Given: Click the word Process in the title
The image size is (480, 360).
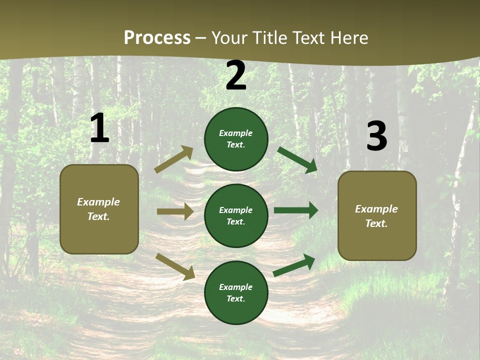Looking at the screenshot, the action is point(157,37).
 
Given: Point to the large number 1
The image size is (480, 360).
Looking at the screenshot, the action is point(100,128).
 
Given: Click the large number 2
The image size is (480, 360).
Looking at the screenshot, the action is point(236,75).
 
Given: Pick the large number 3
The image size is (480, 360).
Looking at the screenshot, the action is point(377,135).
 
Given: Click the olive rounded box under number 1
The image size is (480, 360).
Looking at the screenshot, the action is point(99,209).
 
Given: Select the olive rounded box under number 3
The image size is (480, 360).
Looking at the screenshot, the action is point(377,216).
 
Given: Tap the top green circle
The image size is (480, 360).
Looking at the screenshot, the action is point(236,139).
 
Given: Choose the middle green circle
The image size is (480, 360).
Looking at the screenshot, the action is point(236,216).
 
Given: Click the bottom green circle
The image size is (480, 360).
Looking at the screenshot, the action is point(236,292).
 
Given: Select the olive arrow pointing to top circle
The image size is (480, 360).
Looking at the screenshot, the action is point(173,159).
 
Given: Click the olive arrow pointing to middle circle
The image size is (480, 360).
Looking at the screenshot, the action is point(175,211).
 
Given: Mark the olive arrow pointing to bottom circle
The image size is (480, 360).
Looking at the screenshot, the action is point(175,267).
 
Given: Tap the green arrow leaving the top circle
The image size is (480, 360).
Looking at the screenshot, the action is point(297,160).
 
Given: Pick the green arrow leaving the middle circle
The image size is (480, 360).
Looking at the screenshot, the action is point(296,210).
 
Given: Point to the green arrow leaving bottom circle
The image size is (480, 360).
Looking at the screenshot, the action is point(294,265).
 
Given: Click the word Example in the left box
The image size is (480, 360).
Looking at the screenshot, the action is point(98,202).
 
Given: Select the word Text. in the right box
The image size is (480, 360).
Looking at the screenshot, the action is point(376,223).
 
